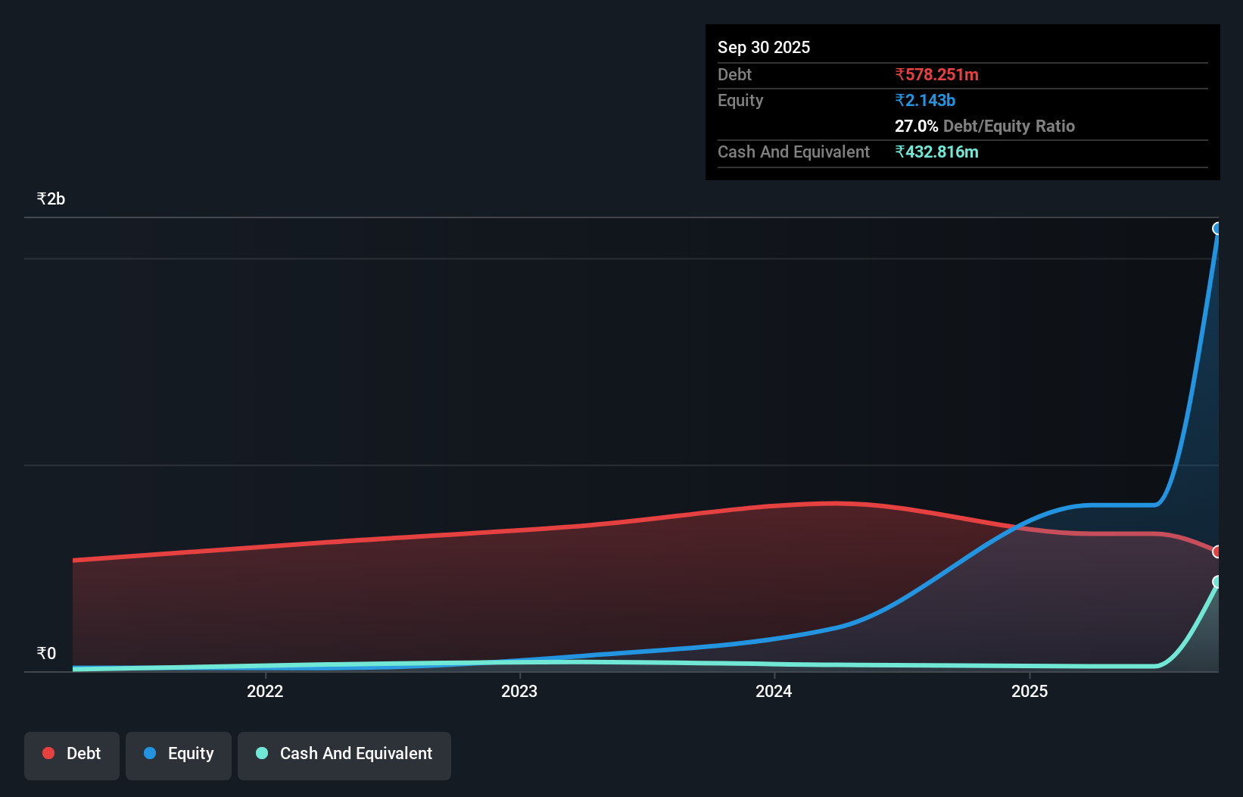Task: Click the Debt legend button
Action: click(72, 755)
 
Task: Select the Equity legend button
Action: click(179, 755)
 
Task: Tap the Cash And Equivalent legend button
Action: click(344, 755)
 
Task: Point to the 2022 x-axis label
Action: click(265, 691)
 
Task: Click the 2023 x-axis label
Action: click(519, 691)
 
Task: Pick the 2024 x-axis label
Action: click(774, 691)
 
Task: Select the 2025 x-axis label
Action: click(1030, 691)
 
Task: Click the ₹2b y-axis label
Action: click(51, 199)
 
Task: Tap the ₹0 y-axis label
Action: click(46, 654)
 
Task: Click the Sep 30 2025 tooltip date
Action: click(764, 48)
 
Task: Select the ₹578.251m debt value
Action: click(936, 75)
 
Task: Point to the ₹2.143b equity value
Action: click(925, 101)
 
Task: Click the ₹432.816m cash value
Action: click(936, 152)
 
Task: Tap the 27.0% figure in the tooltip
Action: click(916, 127)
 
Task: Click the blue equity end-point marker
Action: click(1217, 229)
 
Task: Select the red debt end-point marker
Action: click(1217, 552)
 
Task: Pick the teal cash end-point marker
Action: click(1217, 582)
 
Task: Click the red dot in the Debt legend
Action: click(48, 753)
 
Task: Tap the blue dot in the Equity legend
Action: click(150, 753)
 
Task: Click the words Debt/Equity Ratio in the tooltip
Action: click(1009, 127)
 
